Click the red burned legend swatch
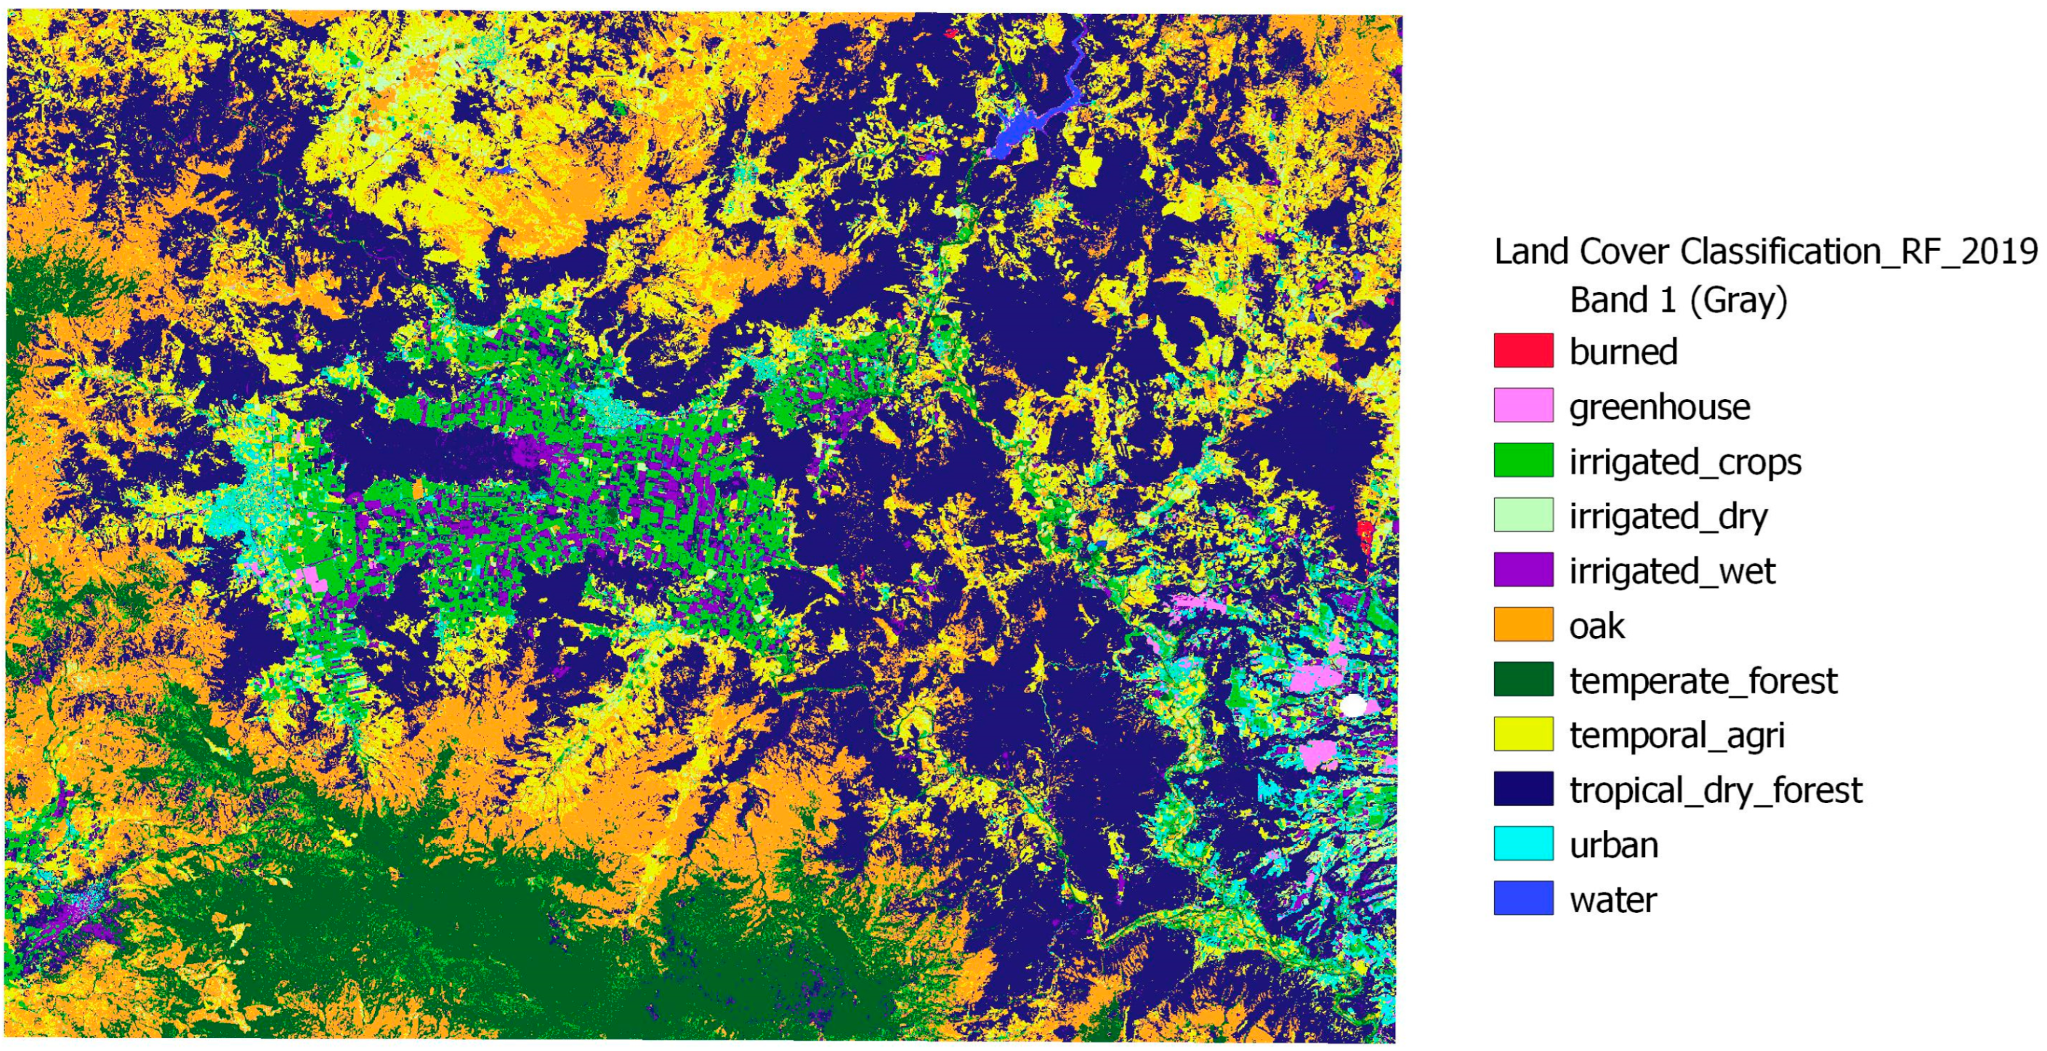coord(1522,350)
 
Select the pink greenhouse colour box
coord(1522,406)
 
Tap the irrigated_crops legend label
coord(1684,462)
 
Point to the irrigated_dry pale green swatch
coord(1522,515)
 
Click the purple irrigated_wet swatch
coord(1522,570)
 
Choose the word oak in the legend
coord(1596,627)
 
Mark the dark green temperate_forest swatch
coord(1522,680)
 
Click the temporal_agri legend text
coord(1676,736)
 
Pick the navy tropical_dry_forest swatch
coord(1522,789)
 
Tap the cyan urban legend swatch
coord(1522,845)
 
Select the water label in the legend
coord(1612,900)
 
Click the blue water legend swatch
coord(1522,898)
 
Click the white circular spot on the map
coord(1352,705)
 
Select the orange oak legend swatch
coord(1522,625)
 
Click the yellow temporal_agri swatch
coord(1522,735)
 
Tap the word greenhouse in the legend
coord(1659,407)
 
